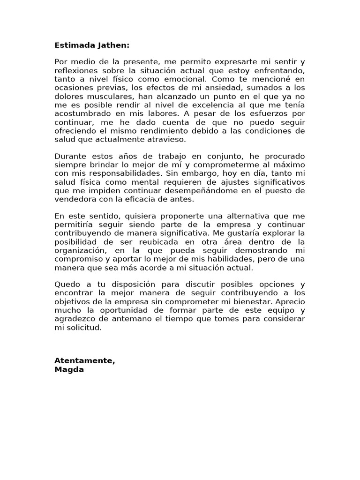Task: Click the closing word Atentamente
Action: coord(85,360)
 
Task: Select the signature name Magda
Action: coord(68,369)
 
